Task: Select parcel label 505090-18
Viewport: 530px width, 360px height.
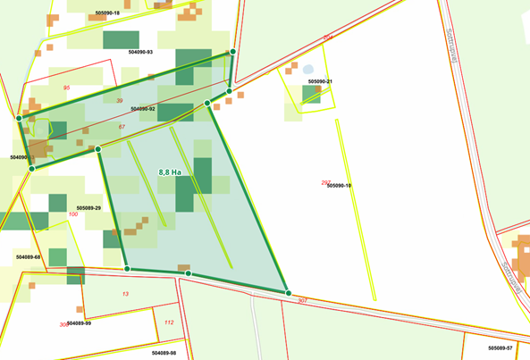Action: point(106,13)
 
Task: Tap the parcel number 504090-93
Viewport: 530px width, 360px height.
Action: point(140,53)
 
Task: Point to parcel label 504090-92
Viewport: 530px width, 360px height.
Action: point(143,109)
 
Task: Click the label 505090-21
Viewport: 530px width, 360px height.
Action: point(320,81)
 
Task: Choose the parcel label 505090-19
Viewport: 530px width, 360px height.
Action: point(340,186)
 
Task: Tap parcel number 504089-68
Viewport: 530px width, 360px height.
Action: point(28,256)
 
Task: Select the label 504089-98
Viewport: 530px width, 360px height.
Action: point(164,353)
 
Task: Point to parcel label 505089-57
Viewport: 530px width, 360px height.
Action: point(500,347)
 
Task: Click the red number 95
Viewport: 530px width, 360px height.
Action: point(67,88)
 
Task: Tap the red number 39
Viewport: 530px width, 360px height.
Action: point(120,101)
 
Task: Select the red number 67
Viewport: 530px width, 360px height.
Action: point(122,127)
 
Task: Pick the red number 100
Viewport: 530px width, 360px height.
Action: point(73,214)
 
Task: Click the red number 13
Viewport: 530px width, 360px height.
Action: point(125,294)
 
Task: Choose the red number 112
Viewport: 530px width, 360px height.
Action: point(169,322)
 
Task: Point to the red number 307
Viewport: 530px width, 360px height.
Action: point(303,300)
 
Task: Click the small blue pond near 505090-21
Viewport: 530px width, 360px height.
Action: point(308,69)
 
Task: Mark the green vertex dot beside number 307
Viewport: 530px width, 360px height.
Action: point(288,293)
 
